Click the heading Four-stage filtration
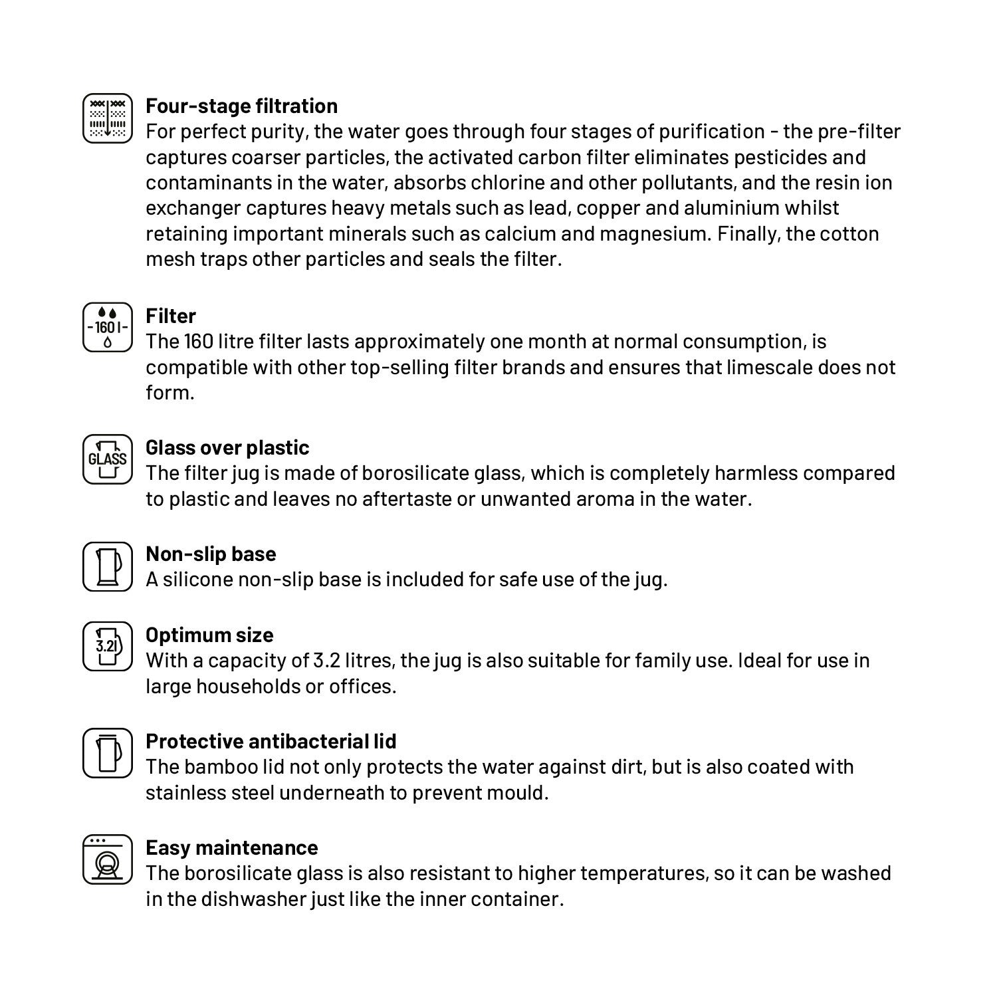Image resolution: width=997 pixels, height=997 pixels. click(241, 106)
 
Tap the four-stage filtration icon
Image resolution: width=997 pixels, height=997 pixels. click(108, 118)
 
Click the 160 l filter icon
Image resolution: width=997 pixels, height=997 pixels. click(108, 327)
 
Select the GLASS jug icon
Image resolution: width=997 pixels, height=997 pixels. click(108, 459)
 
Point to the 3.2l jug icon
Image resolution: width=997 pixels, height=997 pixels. click(108, 646)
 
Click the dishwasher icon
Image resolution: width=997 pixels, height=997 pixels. click(108, 859)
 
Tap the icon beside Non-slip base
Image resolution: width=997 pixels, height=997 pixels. click(108, 566)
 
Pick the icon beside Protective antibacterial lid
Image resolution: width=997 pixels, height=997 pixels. click(108, 752)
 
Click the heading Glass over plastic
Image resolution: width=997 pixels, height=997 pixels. click(227, 448)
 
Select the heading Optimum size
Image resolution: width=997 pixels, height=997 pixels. click(209, 635)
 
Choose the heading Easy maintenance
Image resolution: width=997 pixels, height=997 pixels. click(231, 848)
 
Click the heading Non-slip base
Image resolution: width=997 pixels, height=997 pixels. click(211, 554)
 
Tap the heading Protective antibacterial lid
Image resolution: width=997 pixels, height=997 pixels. click(271, 742)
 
